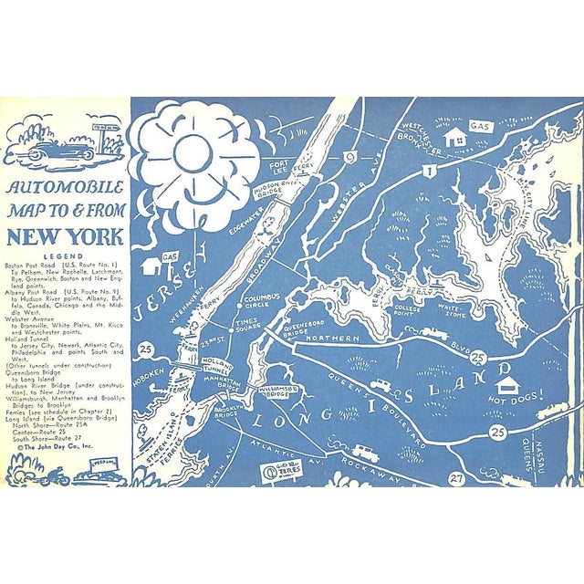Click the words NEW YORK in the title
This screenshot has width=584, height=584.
[65, 236]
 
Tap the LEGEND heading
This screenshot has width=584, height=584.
[64, 257]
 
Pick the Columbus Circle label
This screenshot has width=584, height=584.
[260, 301]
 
